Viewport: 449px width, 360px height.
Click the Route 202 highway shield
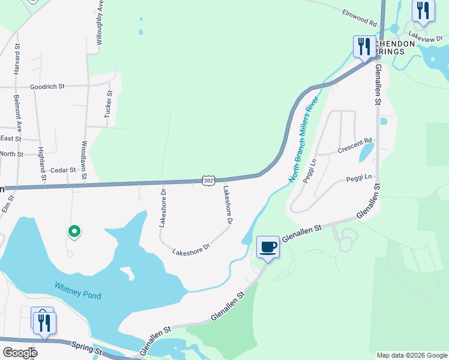tap(208, 181)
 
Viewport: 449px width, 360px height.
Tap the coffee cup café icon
tap(268, 247)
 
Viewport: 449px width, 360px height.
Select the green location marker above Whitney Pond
tap(74, 232)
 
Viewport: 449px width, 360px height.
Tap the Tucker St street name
tap(109, 103)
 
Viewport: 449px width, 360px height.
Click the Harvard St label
tap(18, 58)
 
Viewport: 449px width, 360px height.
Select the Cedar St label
tap(63, 170)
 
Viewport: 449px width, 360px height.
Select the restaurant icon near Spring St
tap(44, 322)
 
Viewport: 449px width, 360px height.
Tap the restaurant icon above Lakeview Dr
tap(423, 11)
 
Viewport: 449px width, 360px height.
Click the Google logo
tap(19, 353)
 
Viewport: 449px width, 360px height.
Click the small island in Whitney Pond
tap(127, 273)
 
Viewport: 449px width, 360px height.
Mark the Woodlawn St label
tap(85, 153)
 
